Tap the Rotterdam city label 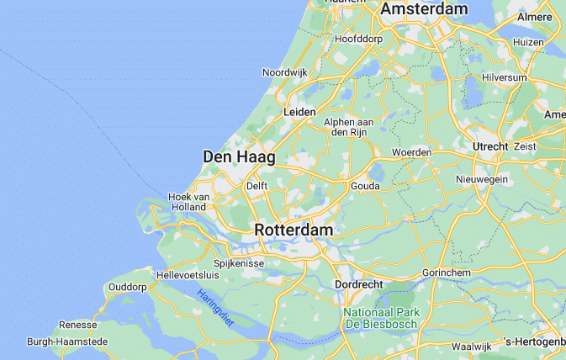(x=294, y=230)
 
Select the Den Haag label (x=240, y=156)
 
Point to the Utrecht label (x=491, y=146)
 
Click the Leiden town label (x=300, y=112)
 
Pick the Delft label (x=257, y=185)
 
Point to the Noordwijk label (x=285, y=73)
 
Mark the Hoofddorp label (x=359, y=39)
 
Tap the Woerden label (x=412, y=152)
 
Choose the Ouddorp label (x=128, y=287)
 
